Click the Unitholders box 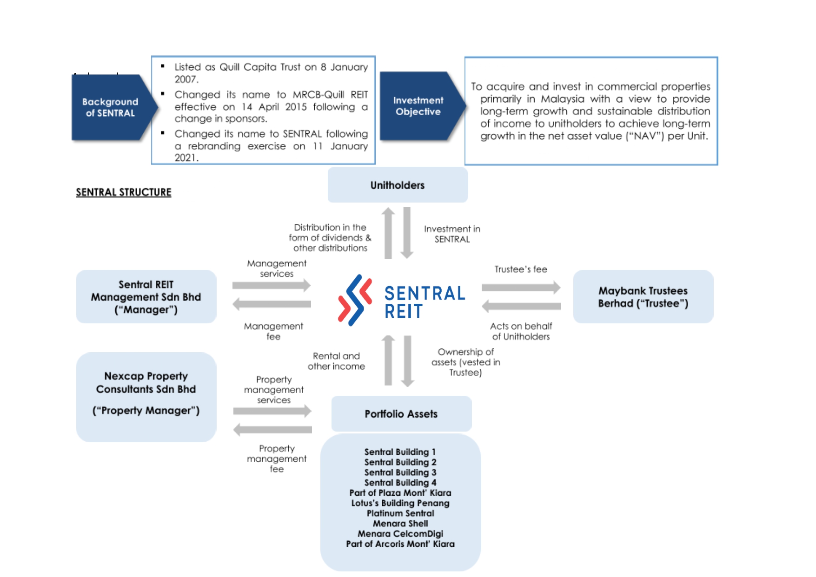[x=398, y=185]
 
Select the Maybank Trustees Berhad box [x=643, y=297]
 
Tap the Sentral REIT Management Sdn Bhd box [x=146, y=297]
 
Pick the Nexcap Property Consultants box [x=146, y=397]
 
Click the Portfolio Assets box [x=401, y=413]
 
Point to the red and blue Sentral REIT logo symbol [x=355, y=300]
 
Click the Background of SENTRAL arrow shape [x=111, y=107]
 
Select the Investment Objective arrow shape [x=418, y=106]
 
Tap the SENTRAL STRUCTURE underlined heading [x=124, y=192]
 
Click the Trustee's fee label [x=521, y=269]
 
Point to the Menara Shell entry [x=400, y=524]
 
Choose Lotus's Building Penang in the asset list [x=400, y=503]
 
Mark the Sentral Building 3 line [x=400, y=472]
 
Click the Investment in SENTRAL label [x=452, y=234]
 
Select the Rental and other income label [x=336, y=361]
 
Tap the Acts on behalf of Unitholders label [x=521, y=331]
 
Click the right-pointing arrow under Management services [x=272, y=285]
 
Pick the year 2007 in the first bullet [x=186, y=79]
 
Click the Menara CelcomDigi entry [x=400, y=534]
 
